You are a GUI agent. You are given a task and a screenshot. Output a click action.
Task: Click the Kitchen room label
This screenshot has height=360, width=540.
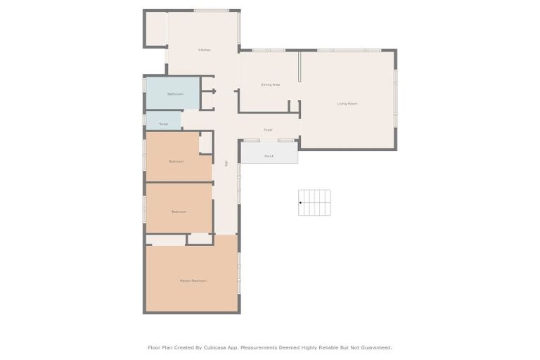pyautogui.click(x=205, y=50)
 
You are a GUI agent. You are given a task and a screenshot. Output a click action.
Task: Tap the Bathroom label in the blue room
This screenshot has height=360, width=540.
pyautogui.click(x=175, y=94)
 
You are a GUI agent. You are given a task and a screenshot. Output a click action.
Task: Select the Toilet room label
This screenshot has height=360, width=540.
pyautogui.click(x=163, y=124)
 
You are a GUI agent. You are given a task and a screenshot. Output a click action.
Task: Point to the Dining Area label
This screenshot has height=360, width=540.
pyautogui.click(x=271, y=84)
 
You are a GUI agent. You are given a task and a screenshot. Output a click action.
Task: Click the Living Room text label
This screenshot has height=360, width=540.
pyautogui.click(x=347, y=103)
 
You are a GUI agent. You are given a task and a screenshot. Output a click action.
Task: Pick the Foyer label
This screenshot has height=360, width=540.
pyautogui.click(x=268, y=130)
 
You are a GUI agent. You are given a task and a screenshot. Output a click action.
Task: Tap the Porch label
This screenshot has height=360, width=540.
pyautogui.click(x=269, y=156)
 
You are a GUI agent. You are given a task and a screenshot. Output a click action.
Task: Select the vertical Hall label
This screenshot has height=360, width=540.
pyautogui.click(x=226, y=163)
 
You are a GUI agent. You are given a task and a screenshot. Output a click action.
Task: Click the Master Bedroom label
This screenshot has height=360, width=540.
pyautogui.click(x=193, y=281)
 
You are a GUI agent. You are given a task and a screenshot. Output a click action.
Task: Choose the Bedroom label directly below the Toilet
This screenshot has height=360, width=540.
pyautogui.click(x=176, y=162)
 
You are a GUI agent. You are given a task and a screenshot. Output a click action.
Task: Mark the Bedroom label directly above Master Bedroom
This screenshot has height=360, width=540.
pyautogui.click(x=179, y=212)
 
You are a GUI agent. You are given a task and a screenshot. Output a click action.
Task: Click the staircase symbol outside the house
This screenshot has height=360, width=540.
pyautogui.click(x=314, y=202)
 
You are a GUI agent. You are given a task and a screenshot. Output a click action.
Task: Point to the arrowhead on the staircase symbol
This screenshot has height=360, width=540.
pyautogui.click(x=301, y=202)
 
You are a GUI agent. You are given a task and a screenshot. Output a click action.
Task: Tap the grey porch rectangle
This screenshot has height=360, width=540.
pyautogui.click(x=269, y=153)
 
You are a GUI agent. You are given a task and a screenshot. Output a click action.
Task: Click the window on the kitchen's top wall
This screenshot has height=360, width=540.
pyautogui.click(x=211, y=11)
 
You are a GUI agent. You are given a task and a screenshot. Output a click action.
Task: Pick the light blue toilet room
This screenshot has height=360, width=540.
pyautogui.click(x=163, y=120)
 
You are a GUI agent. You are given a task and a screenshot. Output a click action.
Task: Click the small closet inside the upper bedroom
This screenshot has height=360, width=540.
pyautogui.click(x=205, y=143)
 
